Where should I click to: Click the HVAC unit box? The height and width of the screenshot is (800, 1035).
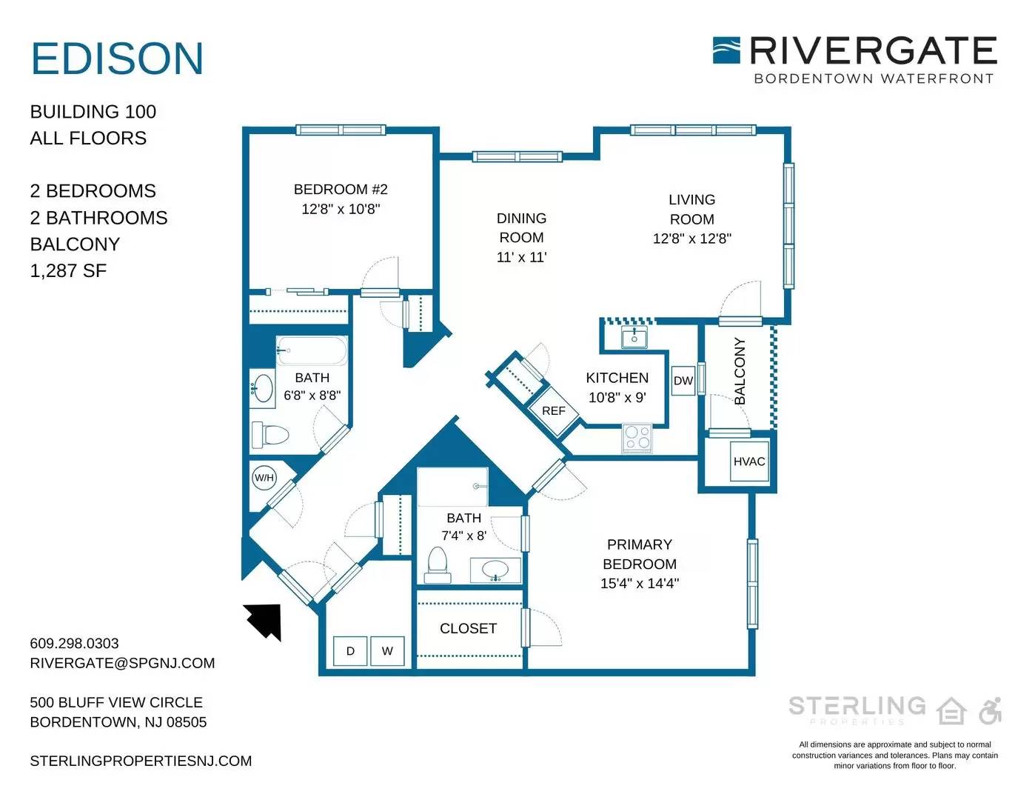click(749, 461)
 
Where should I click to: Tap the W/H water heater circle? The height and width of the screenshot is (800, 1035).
click(264, 478)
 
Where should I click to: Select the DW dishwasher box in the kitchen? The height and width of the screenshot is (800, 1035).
click(683, 380)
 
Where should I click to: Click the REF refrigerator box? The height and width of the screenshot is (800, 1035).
click(554, 410)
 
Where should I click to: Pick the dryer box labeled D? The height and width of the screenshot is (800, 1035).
click(350, 651)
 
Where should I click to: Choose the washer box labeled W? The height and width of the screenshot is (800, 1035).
click(387, 651)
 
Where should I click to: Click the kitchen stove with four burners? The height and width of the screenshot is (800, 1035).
click(637, 438)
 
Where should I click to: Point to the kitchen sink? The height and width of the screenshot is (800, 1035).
click(634, 337)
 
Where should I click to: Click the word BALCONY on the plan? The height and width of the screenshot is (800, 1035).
click(740, 371)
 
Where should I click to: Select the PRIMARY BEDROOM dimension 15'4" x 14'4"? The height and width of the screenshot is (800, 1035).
click(639, 583)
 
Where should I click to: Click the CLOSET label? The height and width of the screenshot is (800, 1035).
click(468, 628)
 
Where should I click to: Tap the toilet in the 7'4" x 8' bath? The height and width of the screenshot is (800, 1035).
click(438, 564)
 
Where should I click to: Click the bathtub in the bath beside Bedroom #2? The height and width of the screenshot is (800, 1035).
click(312, 350)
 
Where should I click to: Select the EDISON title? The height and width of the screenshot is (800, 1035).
click(118, 59)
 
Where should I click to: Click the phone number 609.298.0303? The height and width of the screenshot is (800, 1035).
click(74, 643)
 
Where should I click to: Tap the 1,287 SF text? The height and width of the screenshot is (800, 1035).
click(68, 270)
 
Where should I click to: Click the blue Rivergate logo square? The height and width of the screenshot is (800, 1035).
click(726, 50)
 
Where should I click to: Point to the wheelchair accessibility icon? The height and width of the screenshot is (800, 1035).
click(991, 711)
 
